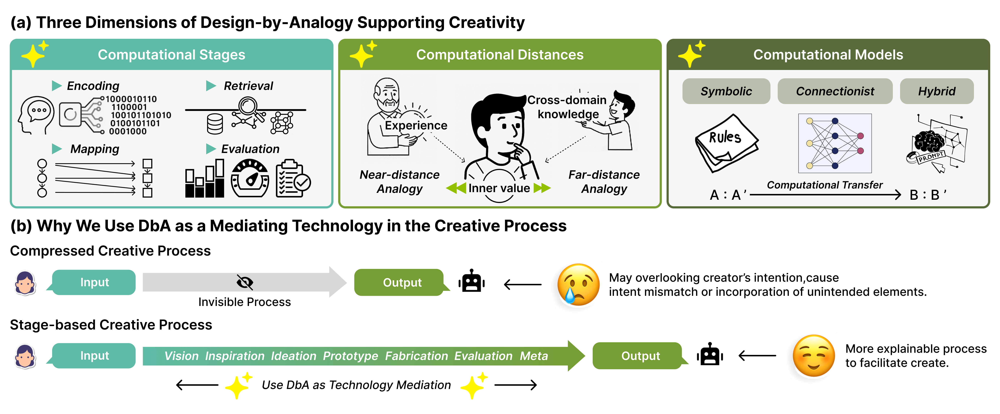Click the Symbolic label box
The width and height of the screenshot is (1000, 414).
726,91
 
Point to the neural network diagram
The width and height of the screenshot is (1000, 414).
835,143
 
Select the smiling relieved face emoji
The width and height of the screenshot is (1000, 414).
814,356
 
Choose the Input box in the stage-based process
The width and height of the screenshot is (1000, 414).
94,356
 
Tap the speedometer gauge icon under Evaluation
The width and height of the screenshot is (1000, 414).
250,179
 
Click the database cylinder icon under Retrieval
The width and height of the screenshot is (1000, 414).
215,124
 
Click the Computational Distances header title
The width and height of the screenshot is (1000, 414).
500,55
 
